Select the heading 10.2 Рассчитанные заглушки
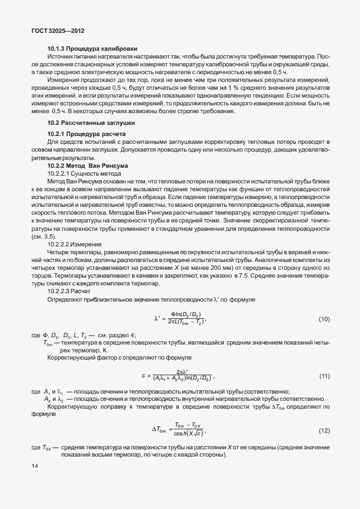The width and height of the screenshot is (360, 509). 90,122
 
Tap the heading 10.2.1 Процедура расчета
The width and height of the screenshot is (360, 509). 86,135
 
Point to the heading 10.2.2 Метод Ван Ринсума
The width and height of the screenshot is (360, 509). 88,166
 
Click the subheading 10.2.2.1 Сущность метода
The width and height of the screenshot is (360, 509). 80,174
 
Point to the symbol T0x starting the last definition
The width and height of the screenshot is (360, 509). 43,448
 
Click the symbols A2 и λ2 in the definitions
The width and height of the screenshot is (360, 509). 54,400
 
